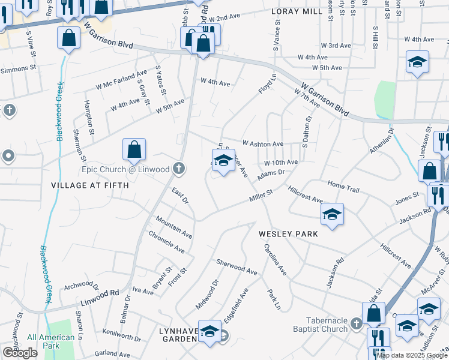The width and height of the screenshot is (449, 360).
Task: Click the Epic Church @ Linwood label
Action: click(x=126, y=169)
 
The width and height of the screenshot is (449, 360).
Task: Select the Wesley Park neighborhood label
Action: click(x=288, y=233)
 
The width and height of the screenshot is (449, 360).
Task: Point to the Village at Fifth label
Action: click(x=90, y=185)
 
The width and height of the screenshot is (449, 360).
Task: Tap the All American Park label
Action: click(x=51, y=341)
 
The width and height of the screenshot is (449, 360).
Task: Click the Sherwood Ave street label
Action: click(x=237, y=268)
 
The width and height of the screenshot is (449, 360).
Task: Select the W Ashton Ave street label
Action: click(x=262, y=144)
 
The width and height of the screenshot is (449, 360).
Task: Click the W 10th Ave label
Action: click(x=281, y=163)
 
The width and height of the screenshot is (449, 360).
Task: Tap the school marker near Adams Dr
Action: click(x=223, y=161)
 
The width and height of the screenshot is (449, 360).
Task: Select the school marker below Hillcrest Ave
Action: click(x=332, y=215)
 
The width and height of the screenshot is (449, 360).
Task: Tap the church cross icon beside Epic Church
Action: click(x=178, y=169)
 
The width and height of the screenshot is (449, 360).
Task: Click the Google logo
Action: click(x=20, y=353)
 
